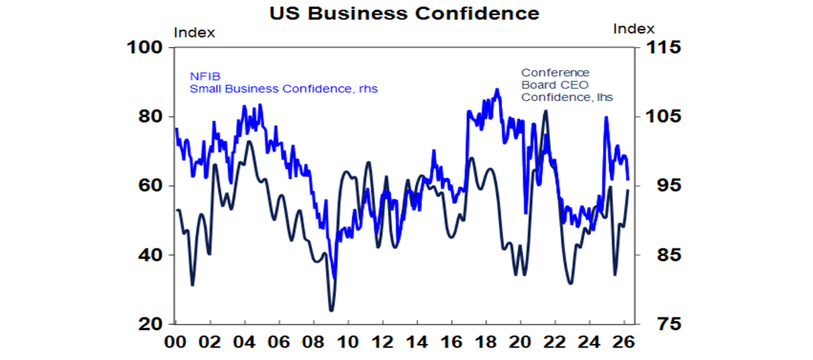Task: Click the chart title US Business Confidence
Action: click(404, 13)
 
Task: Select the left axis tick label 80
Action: click(150, 116)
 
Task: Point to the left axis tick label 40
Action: click(150, 255)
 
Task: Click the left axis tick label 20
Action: click(150, 324)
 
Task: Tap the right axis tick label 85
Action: click(654, 255)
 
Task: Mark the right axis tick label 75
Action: click(654, 324)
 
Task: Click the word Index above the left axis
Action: click(194, 33)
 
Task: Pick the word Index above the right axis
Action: click(634, 29)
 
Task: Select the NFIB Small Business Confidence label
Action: click(283, 83)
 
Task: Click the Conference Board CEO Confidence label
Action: click(567, 85)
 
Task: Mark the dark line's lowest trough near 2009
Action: click(331, 310)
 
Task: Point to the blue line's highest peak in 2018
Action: click(496, 89)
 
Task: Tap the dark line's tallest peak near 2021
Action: click(546, 111)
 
